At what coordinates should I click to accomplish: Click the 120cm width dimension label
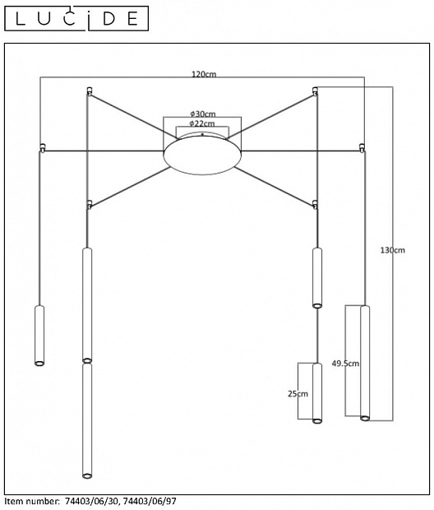204,74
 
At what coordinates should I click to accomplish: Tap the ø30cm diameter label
203,114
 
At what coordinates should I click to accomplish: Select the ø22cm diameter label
202,123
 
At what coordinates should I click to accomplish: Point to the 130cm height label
393,250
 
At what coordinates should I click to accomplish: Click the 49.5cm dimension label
345,364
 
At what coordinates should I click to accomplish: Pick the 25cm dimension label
298,394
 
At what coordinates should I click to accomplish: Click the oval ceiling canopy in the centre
202,155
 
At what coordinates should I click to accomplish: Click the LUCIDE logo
76,19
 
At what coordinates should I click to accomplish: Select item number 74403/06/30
93,501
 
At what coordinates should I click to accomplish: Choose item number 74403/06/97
150,501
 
